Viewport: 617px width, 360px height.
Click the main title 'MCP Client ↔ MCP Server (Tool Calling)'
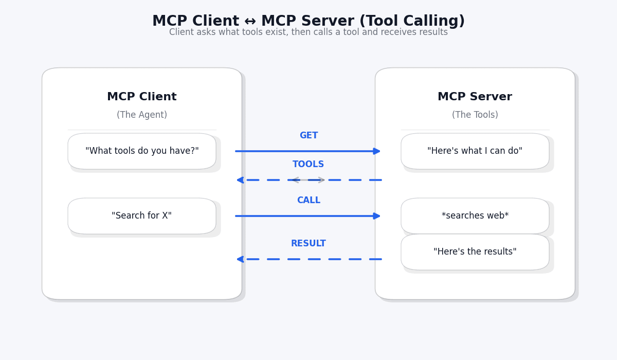coord(308,22)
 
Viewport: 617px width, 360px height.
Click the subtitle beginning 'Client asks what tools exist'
coord(308,32)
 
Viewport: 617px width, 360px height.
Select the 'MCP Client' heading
coord(142,97)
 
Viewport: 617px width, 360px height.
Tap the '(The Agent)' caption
coord(142,115)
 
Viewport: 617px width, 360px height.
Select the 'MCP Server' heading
coord(475,97)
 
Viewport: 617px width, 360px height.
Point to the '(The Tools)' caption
coord(475,115)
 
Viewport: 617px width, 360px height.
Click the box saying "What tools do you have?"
coord(142,151)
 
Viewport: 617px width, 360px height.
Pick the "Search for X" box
coord(142,216)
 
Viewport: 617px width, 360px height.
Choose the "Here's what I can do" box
coord(475,151)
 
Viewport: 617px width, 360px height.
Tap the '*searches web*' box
coord(475,216)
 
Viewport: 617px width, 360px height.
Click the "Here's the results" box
coord(475,252)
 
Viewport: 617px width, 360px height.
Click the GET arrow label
coord(308,136)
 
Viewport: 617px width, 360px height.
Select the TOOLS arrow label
coord(308,165)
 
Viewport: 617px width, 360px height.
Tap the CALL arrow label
coord(308,201)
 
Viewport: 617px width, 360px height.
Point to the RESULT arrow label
coord(308,244)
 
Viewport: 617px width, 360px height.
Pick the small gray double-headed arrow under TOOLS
coord(308,180)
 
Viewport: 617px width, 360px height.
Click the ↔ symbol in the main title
coord(250,22)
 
